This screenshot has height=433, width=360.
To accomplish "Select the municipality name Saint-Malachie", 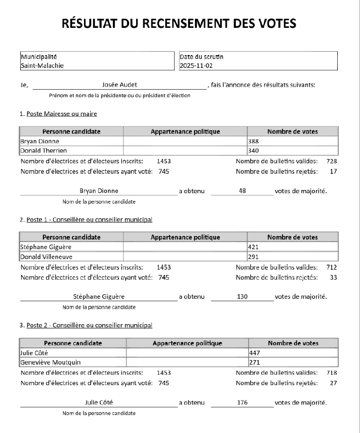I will click(x=42, y=65).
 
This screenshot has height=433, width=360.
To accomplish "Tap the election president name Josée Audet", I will click(x=119, y=85).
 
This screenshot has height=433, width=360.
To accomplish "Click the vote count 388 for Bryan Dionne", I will click(x=253, y=141).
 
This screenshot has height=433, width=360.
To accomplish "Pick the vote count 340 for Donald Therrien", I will click(x=253, y=150).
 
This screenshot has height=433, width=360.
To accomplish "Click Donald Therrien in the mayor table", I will click(x=44, y=150).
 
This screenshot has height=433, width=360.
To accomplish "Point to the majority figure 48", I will click(x=242, y=191).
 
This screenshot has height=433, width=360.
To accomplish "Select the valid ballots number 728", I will click(x=332, y=161).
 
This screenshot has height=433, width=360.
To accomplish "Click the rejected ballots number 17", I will click(x=333, y=171).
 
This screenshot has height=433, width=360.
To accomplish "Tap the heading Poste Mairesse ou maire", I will click(x=61, y=113).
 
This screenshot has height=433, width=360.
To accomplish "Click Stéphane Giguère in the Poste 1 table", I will click(x=46, y=247).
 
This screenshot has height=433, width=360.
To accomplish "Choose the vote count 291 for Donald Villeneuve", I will click(x=253, y=257).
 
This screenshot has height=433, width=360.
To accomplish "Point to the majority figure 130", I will click(x=242, y=297).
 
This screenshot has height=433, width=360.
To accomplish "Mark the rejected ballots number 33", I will click(x=333, y=277).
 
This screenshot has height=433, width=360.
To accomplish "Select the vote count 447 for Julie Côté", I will click(x=255, y=352).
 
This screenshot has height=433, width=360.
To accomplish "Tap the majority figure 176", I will click(x=242, y=403).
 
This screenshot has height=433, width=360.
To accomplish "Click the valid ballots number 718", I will click(x=332, y=373).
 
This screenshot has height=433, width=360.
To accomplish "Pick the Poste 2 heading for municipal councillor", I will click(x=89, y=325).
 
